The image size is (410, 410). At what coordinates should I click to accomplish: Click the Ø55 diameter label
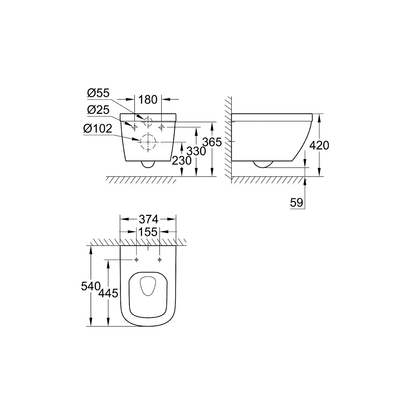click(x=98, y=93)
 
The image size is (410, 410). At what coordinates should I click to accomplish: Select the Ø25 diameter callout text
click(x=98, y=110)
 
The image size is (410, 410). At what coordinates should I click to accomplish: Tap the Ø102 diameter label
click(x=98, y=128)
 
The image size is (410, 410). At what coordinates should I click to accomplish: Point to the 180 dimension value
click(x=148, y=99)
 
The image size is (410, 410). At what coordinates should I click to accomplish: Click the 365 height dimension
click(x=212, y=142)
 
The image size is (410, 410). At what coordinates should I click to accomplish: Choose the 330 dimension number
click(x=196, y=151)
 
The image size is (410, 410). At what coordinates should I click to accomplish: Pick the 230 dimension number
click(x=181, y=161)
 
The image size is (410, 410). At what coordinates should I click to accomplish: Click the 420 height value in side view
click(x=319, y=146)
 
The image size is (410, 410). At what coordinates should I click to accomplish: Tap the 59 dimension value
click(x=296, y=203)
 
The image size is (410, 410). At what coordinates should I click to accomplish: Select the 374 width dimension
click(x=149, y=219)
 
